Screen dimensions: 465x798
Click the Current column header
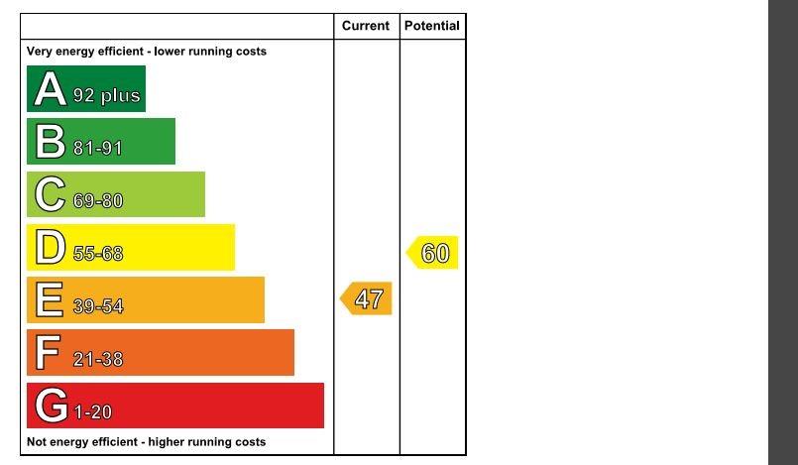point(366,26)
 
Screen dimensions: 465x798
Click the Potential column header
point(432,26)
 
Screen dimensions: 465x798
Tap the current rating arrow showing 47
point(367,299)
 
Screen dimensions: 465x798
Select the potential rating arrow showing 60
point(433,254)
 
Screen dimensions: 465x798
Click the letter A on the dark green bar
point(49,90)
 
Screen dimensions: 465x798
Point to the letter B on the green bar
point(49,143)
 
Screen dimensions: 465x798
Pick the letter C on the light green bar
point(50,194)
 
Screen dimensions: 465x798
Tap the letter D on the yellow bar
point(50,248)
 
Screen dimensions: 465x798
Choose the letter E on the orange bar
point(49,300)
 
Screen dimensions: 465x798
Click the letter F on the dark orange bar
point(47,353)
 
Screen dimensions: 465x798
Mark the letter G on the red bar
point(51,407)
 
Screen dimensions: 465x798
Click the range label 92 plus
point(106,97)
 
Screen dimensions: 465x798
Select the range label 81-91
point(97,149)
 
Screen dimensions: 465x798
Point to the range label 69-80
point(98,201)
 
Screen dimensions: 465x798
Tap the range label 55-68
point(98,254)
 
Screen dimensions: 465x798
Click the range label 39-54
point(98,306)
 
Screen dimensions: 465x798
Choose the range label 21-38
point(98,359)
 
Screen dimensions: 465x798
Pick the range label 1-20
point(92,412)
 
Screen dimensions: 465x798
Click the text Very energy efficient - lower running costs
point(146,52)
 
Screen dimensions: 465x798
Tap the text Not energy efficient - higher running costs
point(146,442)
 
